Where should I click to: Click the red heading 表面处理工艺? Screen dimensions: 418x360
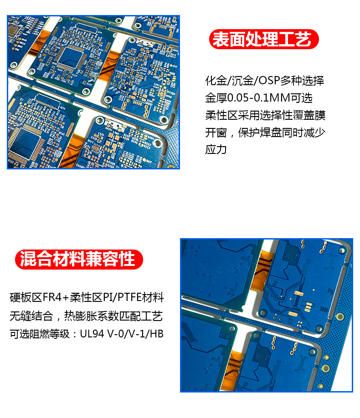[264, 40]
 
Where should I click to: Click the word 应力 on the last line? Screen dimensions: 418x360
[216, 149]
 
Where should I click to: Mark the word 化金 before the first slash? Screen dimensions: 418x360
[216, 81]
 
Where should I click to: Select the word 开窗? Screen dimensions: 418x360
[216, 133]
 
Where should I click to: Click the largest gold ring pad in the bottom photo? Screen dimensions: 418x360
[326, 368]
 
